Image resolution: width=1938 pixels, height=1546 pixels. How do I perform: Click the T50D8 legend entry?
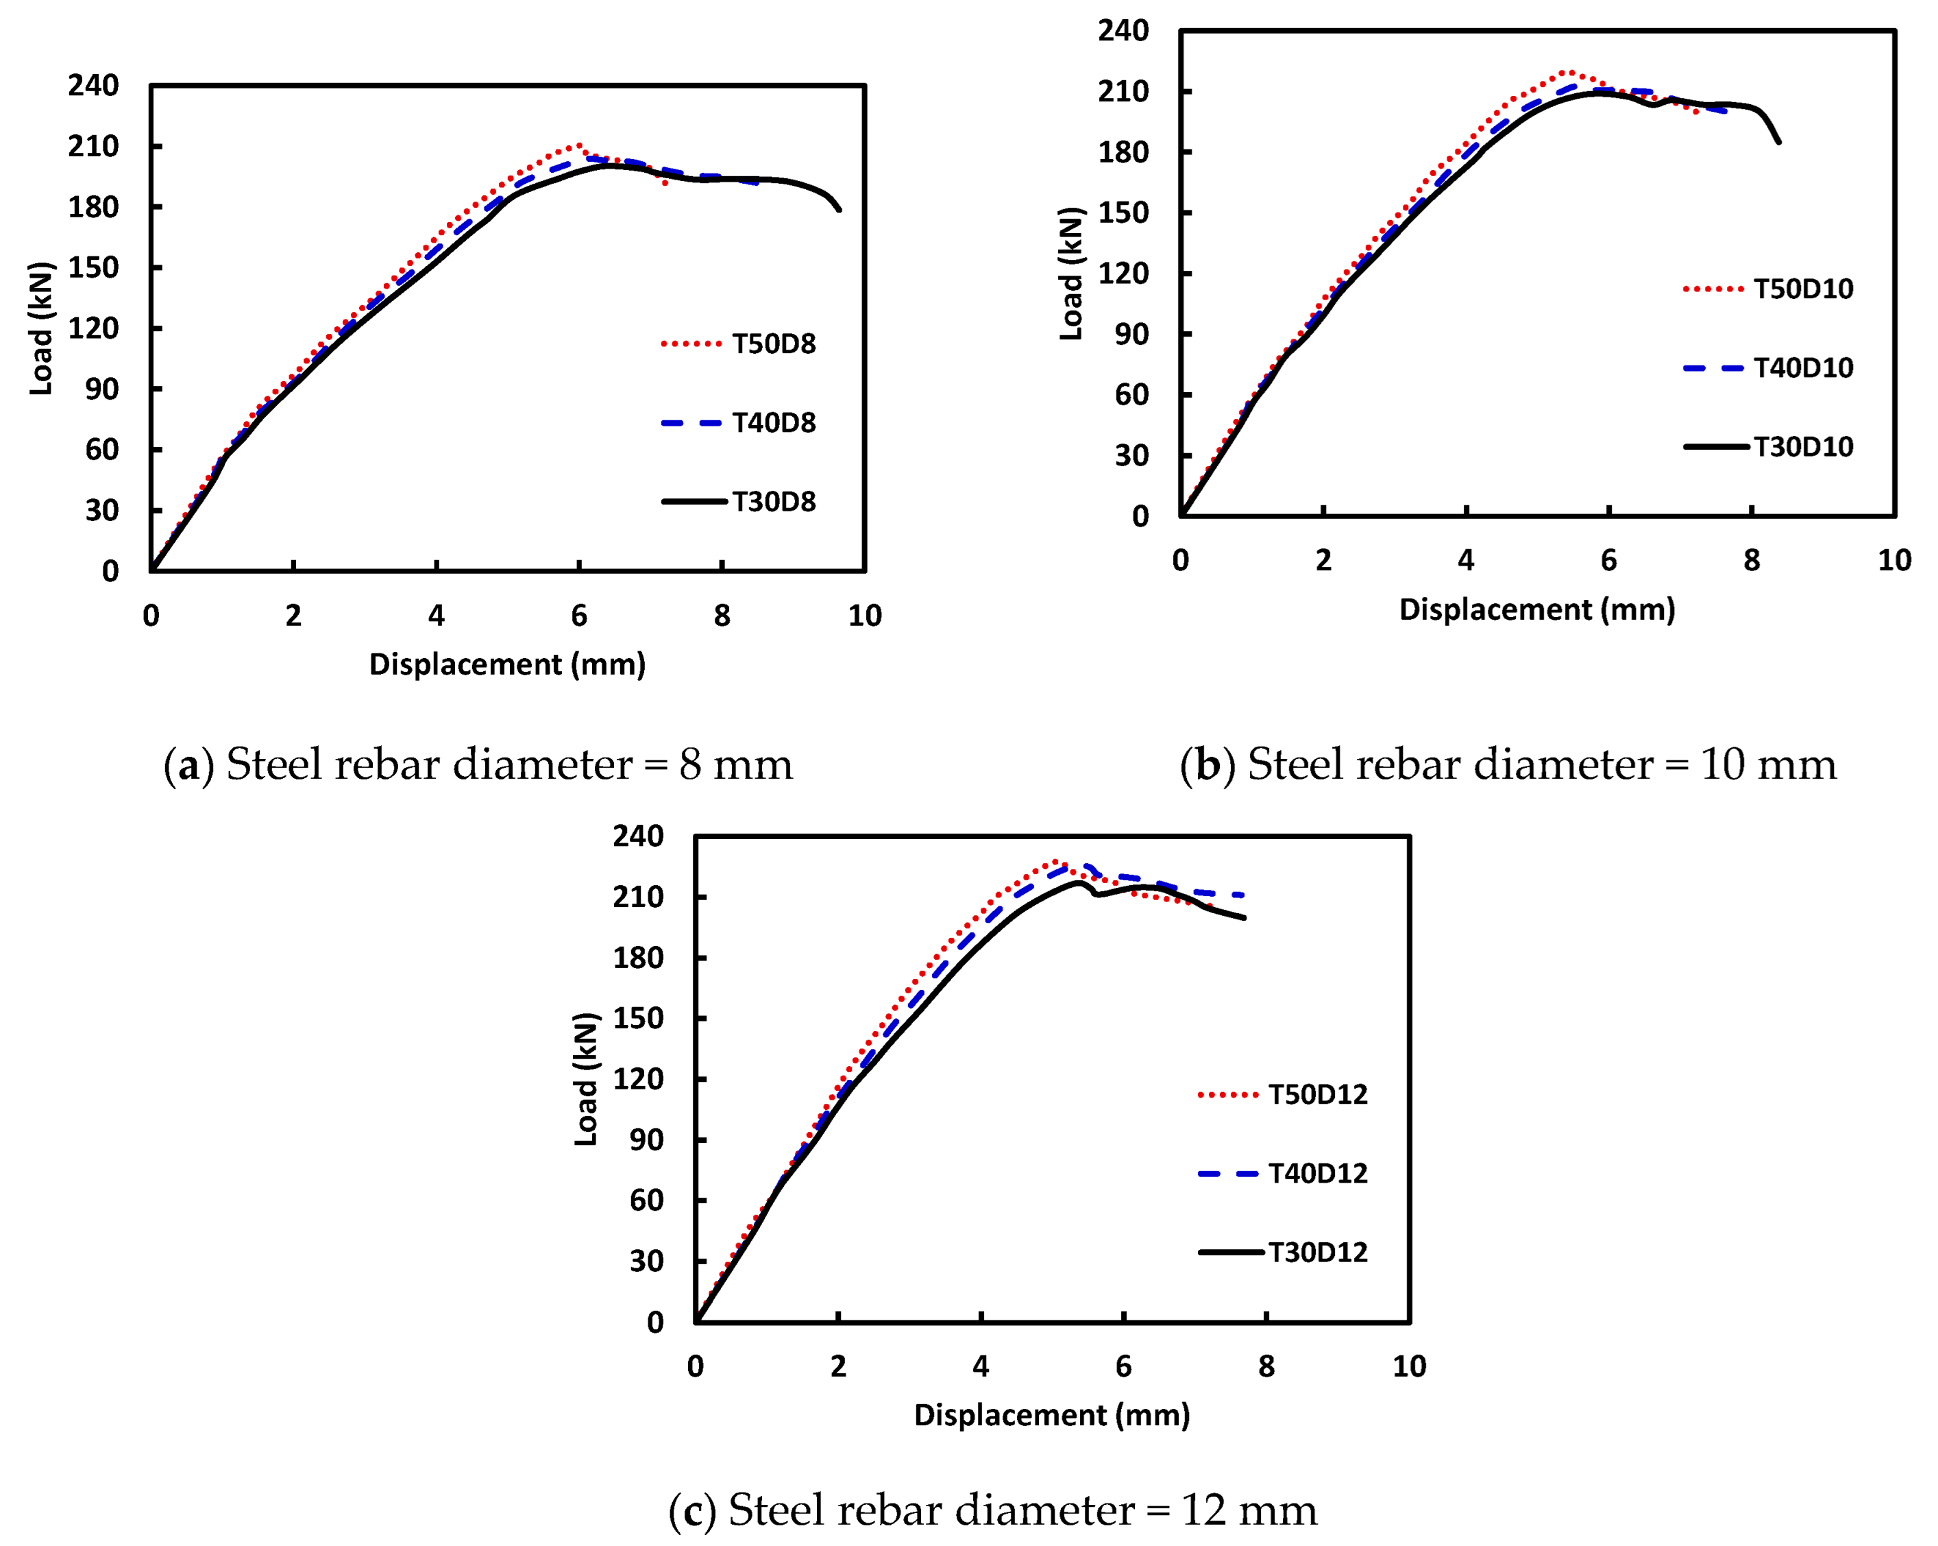tap(773, 343)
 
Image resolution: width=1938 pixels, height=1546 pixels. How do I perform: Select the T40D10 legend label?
tap(1802, 368)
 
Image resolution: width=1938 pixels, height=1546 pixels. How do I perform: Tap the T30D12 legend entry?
tap(1317, 1252)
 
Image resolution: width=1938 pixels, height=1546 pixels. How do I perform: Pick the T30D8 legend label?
tap(773, 501)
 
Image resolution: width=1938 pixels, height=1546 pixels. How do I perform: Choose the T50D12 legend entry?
tap(1317, 1094)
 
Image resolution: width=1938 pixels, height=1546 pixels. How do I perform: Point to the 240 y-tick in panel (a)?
tap(93, 86)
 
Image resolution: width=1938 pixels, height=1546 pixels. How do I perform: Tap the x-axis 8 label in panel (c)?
tap(1266, 1367)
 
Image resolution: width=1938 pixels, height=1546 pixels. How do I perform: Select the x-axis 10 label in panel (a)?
tap(865, 616)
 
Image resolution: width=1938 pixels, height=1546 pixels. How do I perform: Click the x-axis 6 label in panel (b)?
tap(1608, 560)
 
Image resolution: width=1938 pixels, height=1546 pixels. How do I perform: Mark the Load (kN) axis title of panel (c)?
tap(586, 1079)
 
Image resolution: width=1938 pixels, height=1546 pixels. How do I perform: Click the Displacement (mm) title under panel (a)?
tap(507, 664)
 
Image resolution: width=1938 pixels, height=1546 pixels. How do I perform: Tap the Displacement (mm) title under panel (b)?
tap(1537, 609)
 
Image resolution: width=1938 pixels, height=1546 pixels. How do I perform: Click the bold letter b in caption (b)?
tap(1207, 765)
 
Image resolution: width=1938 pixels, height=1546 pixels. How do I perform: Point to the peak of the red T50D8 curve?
tap(578, 144)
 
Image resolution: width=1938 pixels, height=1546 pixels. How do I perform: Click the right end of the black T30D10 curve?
tap(1779, 142)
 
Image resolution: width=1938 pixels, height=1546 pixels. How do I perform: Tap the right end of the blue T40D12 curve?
tap(1244, 895)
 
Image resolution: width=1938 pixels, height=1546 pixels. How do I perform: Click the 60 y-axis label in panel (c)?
tap(646, 1200)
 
